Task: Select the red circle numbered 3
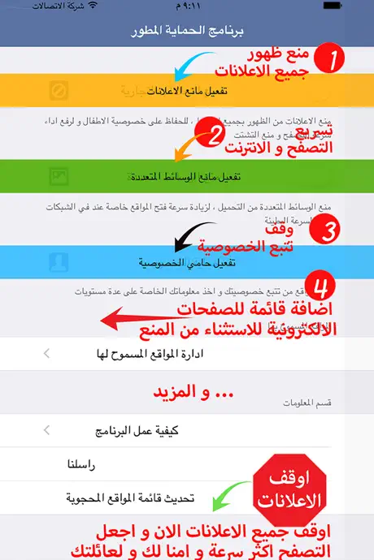pos(329,231)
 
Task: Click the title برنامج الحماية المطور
pos(187,33)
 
